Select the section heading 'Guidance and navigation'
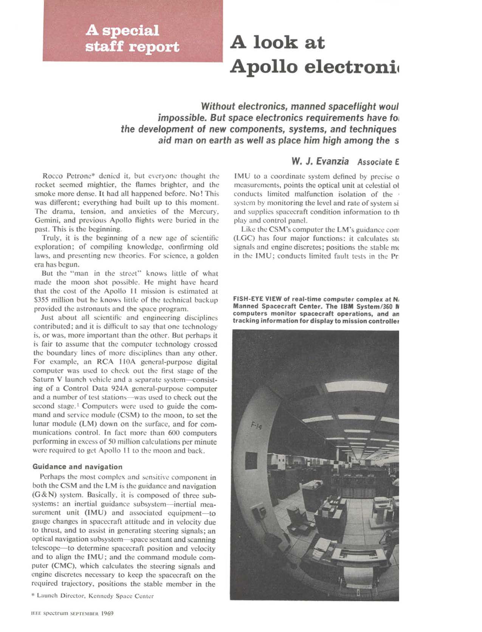tap(77, 467)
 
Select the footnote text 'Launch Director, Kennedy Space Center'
tap(95, 596)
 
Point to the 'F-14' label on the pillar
tap(256, 427)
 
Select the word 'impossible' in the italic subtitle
tap(181, 118)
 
